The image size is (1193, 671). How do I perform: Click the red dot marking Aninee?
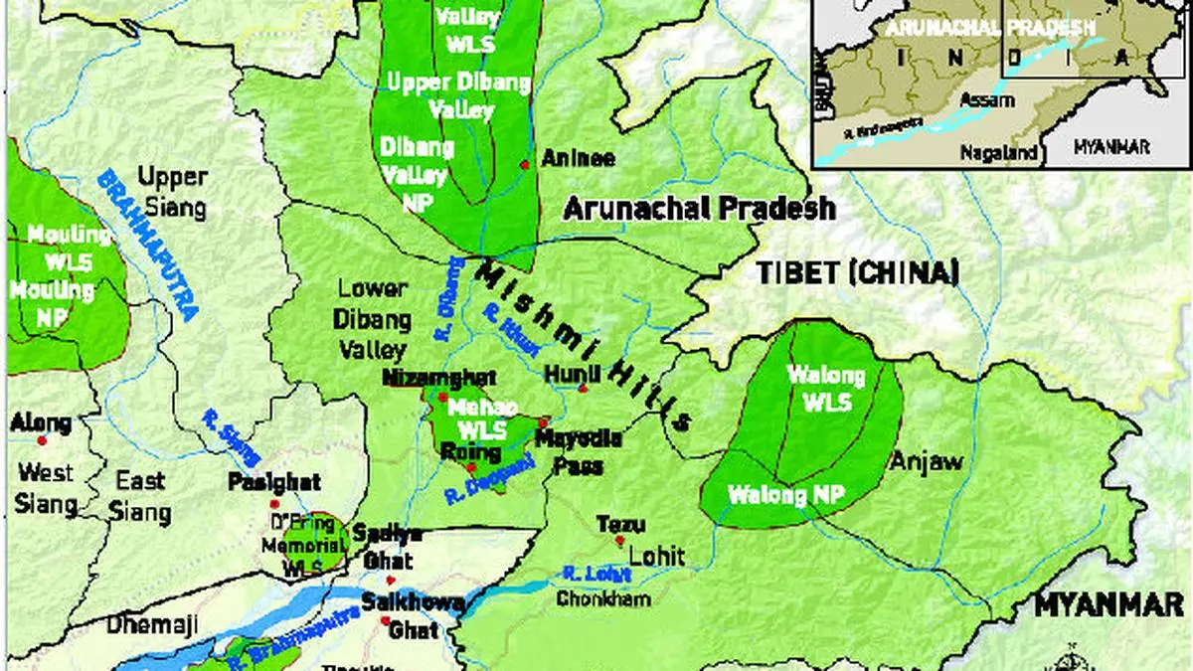[525, 164]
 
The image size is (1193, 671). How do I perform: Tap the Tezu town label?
[620, 524]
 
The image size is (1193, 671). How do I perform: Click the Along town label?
[40, 423]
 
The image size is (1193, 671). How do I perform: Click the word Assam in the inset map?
[986, 100]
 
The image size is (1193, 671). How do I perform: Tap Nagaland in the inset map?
[998, 152]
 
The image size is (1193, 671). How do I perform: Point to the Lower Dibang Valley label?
[371, 319]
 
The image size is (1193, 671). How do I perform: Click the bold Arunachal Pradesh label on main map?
[699, 209]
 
